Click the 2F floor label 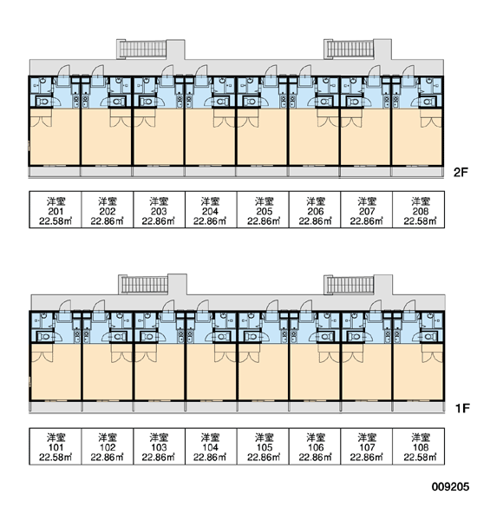(461, 172)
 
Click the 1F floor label (461, 408)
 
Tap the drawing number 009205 (450, 487)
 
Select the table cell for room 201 (56, 209)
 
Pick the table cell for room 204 (211, 209)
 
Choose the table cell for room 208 (419, 209)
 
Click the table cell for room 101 (56, 446)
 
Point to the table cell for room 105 (263, 446)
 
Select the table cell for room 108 (419, 446)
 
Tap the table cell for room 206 (315, 209)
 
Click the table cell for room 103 (159, 446)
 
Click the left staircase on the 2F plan (142, 49)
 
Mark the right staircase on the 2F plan (350, 49)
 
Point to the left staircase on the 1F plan (144, 285)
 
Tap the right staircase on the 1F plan (350, 285)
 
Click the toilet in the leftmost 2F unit (43, 102)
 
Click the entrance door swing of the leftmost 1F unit (64, 307)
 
